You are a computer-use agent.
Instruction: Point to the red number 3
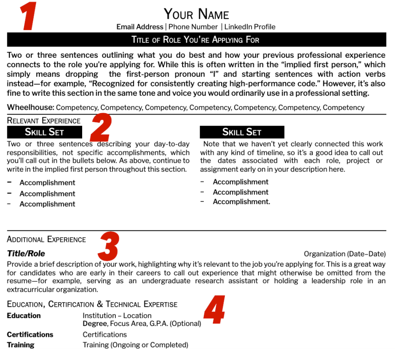[x=108, y=246]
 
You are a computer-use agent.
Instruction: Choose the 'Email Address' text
[x=139, y=27]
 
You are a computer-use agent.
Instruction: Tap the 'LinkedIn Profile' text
[x=250, y=27]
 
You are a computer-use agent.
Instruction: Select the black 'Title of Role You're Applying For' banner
[x=196, y=40]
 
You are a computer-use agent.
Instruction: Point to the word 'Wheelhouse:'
[x=30, y=107]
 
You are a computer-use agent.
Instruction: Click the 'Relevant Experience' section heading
[x=44, y=120]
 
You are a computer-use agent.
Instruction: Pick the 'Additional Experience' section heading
[x=46, y=239]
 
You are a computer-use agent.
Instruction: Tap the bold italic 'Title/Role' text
[x=26, y=254]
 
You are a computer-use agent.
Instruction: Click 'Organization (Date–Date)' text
[x=345, y=254]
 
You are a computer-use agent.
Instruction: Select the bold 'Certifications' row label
[x=30, y=335]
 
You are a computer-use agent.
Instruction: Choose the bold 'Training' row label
[x=20, y=345]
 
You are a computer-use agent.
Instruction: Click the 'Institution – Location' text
[x=117, y=315]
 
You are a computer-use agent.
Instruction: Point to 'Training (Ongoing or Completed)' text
[x=135, y=345]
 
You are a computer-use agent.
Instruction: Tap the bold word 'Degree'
[x=94, y=324]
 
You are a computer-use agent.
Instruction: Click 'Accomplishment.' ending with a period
[x=242, y=202]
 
